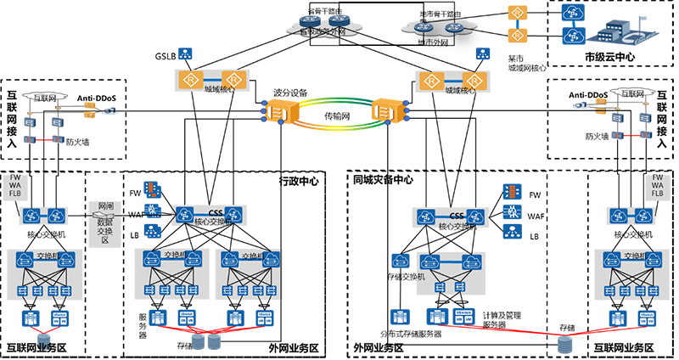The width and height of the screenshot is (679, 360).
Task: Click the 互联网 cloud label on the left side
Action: [44, 98]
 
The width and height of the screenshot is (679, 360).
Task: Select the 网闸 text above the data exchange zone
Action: [105, 206]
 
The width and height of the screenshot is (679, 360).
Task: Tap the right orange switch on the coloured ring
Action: [384, 111]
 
